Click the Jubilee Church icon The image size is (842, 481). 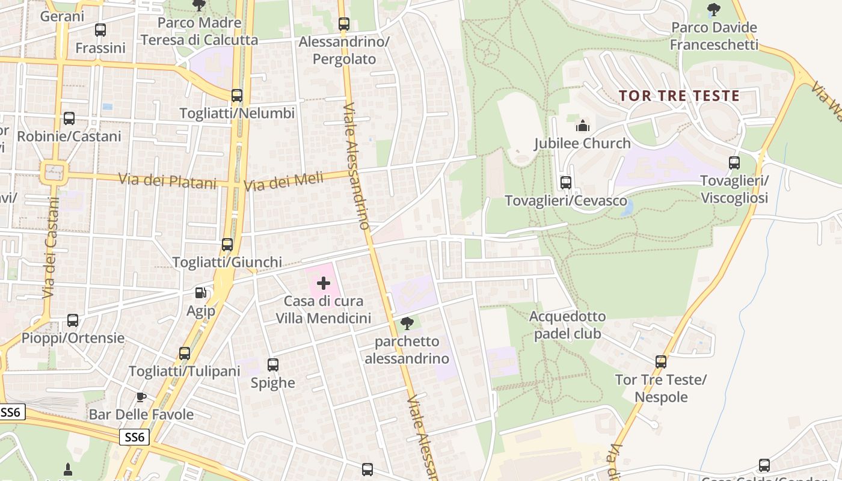click(x=582, y=126)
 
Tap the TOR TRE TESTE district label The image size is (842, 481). click(x=679, y=96)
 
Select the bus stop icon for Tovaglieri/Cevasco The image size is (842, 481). click(x=565, y=182)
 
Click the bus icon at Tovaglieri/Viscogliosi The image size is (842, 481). click(x=734, y=162)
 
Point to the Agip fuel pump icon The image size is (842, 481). click(x=200, y=293)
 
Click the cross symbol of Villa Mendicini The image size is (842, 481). click(x=324, y=283)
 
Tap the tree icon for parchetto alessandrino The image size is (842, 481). click(x=407, y=323)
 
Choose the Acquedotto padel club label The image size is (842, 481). click(x=568, y=325)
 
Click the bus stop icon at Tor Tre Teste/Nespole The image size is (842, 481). click(x=661, y=361)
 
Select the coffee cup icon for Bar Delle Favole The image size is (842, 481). click(x=141, y=397)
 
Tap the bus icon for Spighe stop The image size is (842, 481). click(x=273, y=364)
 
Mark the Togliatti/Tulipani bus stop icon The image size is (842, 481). click(x=185, y=353)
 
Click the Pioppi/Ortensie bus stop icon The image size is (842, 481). click(x=73, y=320)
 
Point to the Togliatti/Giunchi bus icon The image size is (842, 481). click(x=227, y=244)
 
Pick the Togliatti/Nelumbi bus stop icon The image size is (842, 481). click(x=237, y=95)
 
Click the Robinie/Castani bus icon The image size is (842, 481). click(x=69, y=118)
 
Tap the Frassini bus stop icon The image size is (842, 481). click(x=100, y=29)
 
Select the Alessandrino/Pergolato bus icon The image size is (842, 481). click(x=344, y=24)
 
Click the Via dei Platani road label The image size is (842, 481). click(x=167, y=180)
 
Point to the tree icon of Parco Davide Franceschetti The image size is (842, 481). click(x=714, y=9)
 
